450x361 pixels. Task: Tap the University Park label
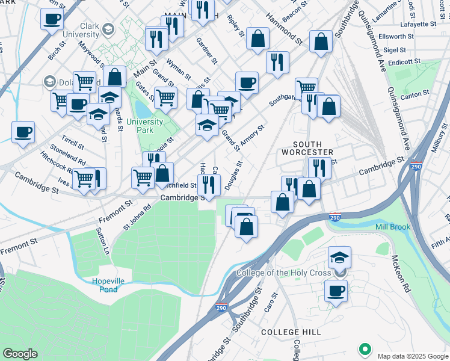coord(144,126)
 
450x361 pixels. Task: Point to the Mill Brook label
coord(392,227)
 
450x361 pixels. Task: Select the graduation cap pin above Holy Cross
coord(339,257)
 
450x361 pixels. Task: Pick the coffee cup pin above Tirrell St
coord(23,132)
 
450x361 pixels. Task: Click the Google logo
coord(20,353)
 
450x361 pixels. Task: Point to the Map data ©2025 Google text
coord(412,356)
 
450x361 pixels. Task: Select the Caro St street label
coord(270,304)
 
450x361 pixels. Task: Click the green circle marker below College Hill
coord(364,348)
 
